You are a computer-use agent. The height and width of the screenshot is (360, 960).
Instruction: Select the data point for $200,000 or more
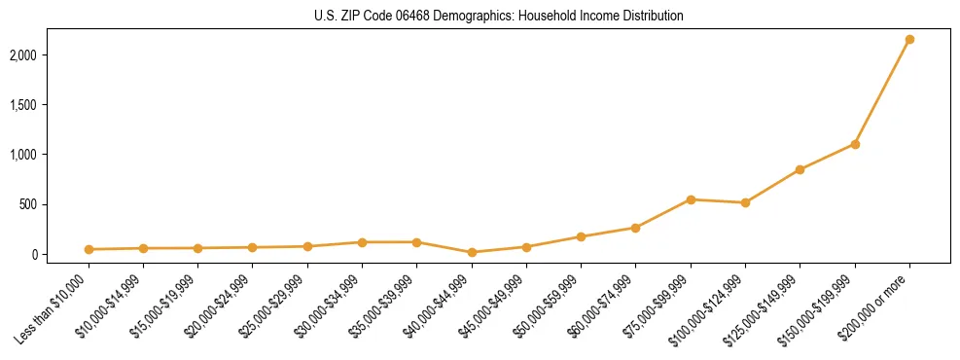point(909,40)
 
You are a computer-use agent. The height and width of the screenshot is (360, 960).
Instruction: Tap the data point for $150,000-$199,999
point(855,144)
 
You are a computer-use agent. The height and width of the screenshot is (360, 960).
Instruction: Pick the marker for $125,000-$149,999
point(800,169)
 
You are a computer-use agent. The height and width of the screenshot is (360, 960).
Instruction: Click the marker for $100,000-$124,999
point(745,202)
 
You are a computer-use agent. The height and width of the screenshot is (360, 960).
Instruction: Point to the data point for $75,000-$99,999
point(691,199)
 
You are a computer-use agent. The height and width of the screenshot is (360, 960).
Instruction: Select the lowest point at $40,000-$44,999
point(472,252)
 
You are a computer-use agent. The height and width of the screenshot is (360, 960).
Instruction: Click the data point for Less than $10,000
point(89,249)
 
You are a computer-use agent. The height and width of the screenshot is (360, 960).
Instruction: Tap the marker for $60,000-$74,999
point(635,228)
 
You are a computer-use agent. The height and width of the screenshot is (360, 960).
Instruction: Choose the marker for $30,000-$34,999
point(362,242)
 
